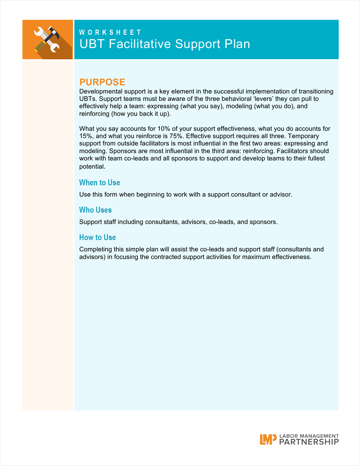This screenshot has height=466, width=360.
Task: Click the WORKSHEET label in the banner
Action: (110, 32)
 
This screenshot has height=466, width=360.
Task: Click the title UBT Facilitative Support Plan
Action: (165, 44)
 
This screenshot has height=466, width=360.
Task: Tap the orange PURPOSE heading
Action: (102, 82)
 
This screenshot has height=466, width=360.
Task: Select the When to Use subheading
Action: (100, 183)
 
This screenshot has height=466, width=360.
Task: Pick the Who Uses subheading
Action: (95, 210)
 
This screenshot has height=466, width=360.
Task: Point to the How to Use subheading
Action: (97, 238)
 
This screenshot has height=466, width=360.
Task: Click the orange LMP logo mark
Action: (268, 439)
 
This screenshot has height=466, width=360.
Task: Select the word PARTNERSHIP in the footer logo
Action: (309, 442)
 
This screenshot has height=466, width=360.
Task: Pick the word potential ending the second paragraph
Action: (92, 167)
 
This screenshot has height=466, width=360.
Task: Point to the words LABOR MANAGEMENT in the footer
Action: (309, 436)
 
